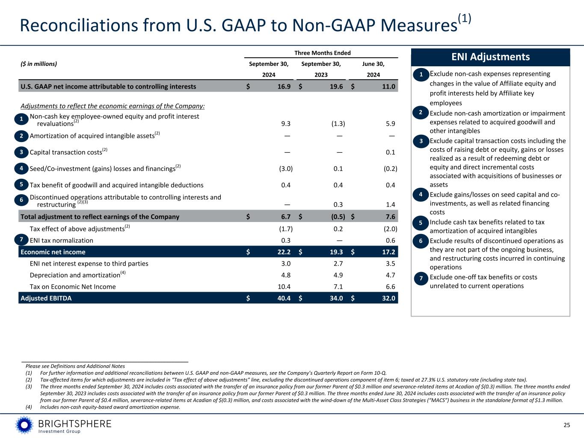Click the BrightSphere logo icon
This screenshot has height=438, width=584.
point(24,425)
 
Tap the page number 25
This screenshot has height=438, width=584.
point(567,425)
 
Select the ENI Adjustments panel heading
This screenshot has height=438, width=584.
point(490,57)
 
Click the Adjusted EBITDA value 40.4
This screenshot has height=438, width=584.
point(284,298)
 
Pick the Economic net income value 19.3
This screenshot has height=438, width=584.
point(336,252)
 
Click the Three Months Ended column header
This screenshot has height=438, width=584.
point(322,53)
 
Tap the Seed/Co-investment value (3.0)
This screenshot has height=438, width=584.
point(286,169)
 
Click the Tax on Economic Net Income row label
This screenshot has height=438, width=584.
point(73,287)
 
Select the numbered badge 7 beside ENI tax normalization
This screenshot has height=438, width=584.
point(21,239)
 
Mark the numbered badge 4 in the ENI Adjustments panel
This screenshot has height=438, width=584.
point(421,195)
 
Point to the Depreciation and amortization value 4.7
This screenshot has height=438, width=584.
point(390,275)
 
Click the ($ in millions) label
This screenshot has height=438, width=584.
point(39,64)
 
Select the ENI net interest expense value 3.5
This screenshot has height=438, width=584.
point(390,263)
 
